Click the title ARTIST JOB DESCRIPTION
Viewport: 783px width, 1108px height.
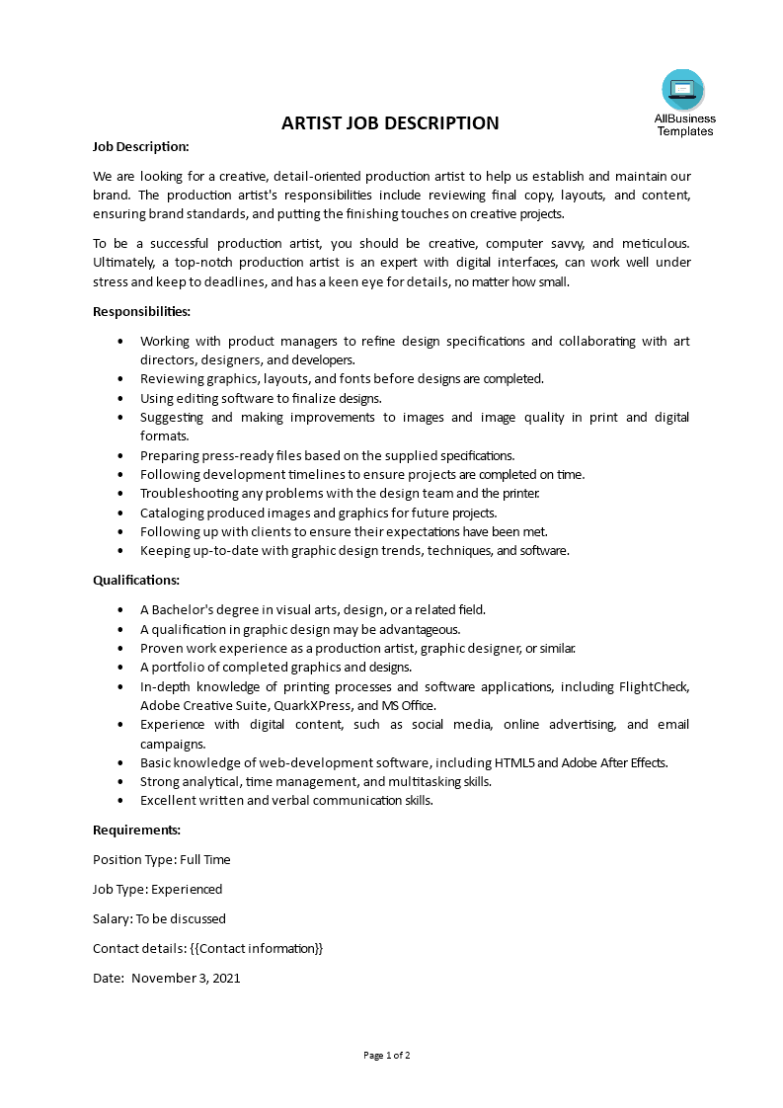click(390, 123)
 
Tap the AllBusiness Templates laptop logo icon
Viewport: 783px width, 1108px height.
click(683, 90)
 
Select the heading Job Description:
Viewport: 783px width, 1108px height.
click(140, 146)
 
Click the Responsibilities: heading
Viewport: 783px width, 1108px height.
click(141, 311)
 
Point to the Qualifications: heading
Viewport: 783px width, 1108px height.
click(136, 580)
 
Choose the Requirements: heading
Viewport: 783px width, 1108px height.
click(136, 830)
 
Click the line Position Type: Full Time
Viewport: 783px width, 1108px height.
click(161, 859)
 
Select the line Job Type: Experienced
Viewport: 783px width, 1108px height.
click(157, 889)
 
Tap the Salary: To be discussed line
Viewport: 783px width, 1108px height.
click(159, 918)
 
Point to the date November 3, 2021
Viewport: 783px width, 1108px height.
click(186, 979)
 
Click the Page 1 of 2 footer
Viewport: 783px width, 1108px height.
click(386, 1055)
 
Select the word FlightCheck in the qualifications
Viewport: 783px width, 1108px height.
click(654, 686)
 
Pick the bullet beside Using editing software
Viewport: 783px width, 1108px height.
click(120, 398)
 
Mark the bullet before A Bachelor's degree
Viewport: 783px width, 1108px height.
click(120, 610)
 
